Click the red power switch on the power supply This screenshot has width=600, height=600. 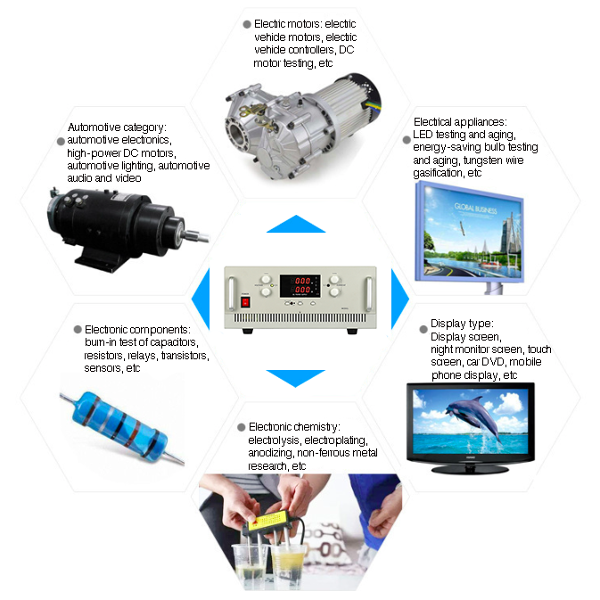coord(245,302)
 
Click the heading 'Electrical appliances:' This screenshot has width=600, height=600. coord(460,121)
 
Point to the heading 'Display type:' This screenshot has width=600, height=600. coord(462,324)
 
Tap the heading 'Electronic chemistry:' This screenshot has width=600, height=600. coord(293,427)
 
